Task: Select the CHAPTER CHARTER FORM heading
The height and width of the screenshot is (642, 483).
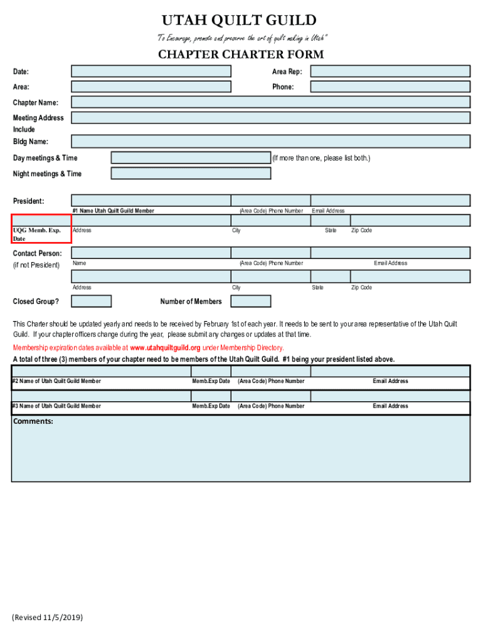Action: tap(241, 55)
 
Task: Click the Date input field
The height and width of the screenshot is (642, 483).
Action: tap(151, 71)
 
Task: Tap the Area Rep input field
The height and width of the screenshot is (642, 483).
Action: tap(390, 71)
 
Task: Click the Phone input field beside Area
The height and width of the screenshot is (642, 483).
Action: tap(390, 87)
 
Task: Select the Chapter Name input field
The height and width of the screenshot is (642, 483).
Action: tap(270, 102)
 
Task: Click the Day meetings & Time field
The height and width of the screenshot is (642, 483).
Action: tap(191, 158)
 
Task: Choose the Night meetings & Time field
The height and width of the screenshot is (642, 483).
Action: tap(191, 174)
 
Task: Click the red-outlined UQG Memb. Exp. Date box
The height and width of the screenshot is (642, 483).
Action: tap(41, 229)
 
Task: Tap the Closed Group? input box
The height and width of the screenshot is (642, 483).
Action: tap(91, 302)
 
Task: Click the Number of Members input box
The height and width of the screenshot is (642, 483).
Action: tap(251, 302)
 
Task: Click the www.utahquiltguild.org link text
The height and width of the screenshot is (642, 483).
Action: tap(165, 347)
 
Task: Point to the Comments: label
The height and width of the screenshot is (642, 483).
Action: tap(33, 421)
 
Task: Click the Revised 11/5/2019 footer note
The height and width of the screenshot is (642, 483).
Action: tap(47, 618)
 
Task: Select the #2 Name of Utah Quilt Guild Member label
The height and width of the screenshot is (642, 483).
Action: tap(56, 381)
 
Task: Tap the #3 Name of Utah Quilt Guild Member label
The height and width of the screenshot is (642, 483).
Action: tap(56, 406)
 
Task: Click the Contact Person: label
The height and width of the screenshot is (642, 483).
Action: tap(38, 253)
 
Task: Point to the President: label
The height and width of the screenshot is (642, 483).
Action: tap(29, 201)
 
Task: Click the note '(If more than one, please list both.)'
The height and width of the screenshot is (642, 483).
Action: tap(321, 158)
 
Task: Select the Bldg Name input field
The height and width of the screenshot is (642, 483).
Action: tap(270, 141)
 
